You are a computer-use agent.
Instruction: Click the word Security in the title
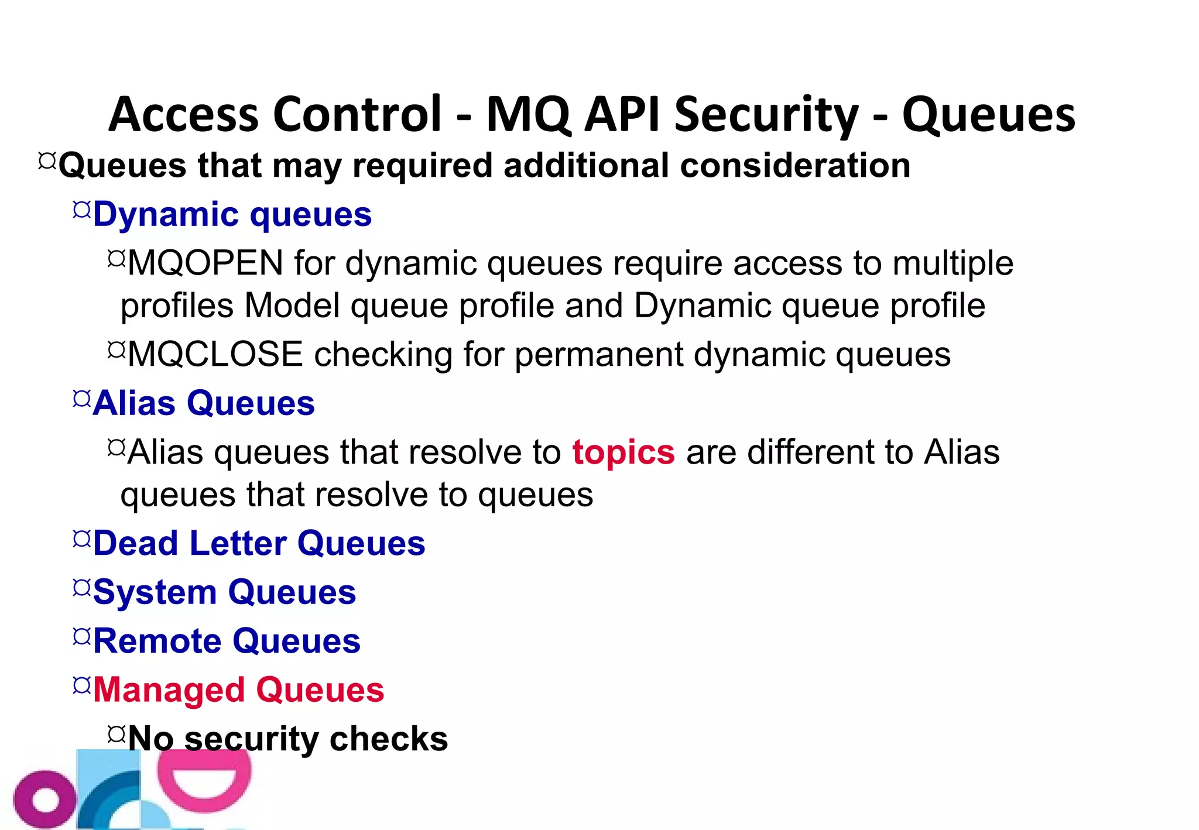(x=766, y=115)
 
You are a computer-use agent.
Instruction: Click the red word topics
(x=624, y=452)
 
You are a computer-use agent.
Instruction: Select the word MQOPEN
(x=205, y=263)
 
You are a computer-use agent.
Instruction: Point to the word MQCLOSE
(x=215, y=355)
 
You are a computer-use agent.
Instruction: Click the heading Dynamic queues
(x=232, y=214)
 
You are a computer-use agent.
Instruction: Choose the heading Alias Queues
(x=204, y=403)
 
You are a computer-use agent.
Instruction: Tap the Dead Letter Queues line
(x=259, y=544)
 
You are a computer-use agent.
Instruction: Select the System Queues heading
(x=224, y=592)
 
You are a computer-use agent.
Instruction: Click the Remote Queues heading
(x=227, y=641)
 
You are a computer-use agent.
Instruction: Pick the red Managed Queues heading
(x=238, y=690)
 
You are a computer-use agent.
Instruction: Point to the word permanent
(x=598, y=355)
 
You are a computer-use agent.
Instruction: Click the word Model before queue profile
(x=292, y=306)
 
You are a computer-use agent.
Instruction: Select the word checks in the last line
(x=389, y=739)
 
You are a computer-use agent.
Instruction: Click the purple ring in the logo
(x=44, y=800)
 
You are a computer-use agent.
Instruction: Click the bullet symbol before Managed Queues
(x=82, y=685)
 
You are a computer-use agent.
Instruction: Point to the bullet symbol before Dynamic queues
(x=82, y=210)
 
